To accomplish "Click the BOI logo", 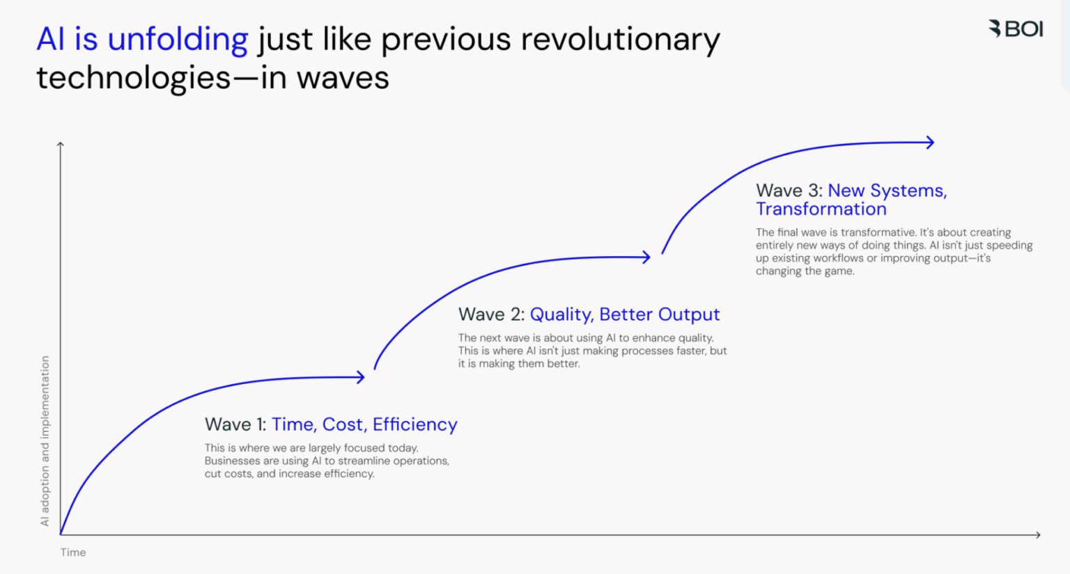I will pos(1016,29).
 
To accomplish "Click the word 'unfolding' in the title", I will pos(178,40).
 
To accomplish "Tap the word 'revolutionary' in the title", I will pos(620,40).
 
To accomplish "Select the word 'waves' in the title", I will pos(343,77).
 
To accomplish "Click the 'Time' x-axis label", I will pos(73,552).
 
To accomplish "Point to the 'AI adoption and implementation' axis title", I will pos(45,440).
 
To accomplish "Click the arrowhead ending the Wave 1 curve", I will pos(361,377).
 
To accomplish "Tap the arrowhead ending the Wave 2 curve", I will pos(646,257).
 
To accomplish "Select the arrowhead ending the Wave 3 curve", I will pos(930,142).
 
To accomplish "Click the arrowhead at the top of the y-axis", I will pos(61,144).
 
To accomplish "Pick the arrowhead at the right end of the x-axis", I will pos(1037,534).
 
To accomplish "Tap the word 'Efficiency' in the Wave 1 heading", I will pos(414,424).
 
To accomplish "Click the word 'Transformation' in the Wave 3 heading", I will pos(821,209).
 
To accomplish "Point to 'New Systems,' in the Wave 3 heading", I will pos(887,191).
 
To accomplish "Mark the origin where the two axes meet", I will pos(61,534).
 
